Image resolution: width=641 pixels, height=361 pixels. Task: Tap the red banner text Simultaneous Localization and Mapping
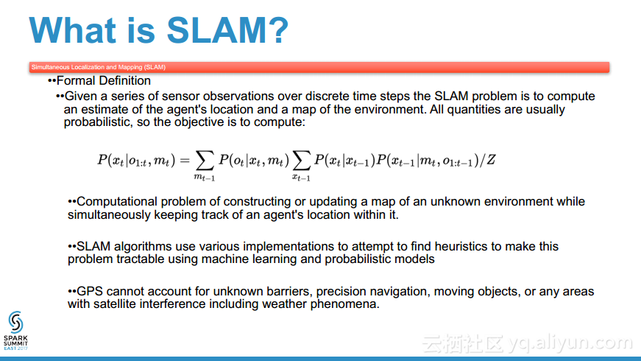pos(99,67)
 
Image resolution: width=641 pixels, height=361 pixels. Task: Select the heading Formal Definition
pos(104,80)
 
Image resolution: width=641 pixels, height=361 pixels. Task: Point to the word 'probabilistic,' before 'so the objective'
pos(98,122)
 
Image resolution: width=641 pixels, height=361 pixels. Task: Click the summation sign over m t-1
pos(205,160)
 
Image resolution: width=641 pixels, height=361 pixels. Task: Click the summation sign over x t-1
pos(301,160)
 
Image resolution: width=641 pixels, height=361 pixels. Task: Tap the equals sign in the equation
pos(185,160)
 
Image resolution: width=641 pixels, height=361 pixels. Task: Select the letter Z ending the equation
pos(491,160)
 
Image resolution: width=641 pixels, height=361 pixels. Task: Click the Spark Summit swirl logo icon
pos(15,322)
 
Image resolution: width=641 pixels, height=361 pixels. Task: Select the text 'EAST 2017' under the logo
pos(15,348)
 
